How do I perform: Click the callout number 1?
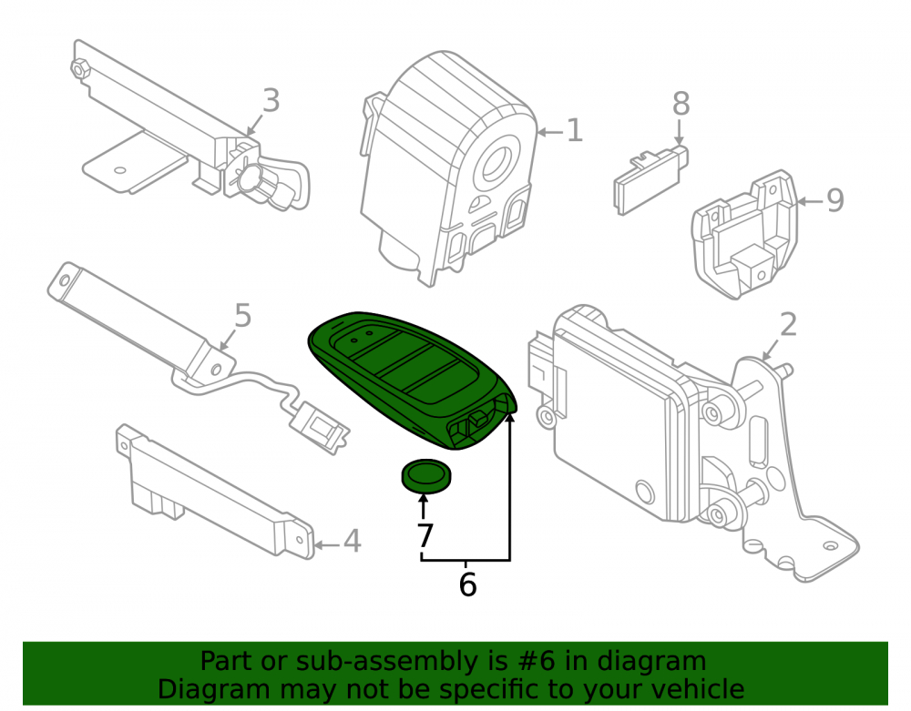pos(574,130)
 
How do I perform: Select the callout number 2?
pos(788,324)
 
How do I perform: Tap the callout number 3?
pos(271,100)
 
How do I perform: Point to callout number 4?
pos(352,541)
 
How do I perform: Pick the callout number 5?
pos(243,316)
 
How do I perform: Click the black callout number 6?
pos(467,584)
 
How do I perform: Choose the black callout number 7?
pos(425,535)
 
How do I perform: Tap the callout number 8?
pos(681,104)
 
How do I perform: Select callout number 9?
pos(834,200)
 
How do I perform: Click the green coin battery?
pos(425,475)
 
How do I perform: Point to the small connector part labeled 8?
pos(650,180)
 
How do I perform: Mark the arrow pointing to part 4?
pos(326,545)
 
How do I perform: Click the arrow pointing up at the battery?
pos(423,506)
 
